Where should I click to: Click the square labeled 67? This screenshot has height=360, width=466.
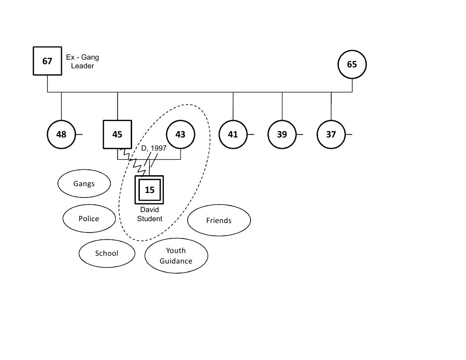[47, 61]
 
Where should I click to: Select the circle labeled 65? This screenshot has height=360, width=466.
[352, 64]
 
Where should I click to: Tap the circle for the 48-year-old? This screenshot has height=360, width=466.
[61, 134]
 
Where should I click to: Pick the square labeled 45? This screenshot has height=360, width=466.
[118, 134]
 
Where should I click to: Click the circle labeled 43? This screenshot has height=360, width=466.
[180, 134]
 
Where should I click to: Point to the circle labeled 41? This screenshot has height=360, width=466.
[233, 134]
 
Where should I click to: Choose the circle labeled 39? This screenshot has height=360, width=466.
[282, 134]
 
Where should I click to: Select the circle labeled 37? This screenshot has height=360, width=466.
[331, 134]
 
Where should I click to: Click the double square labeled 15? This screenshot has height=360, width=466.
[149, 190]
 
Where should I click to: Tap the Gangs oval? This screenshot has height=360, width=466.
[84, 184]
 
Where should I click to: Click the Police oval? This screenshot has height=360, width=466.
[89, 218]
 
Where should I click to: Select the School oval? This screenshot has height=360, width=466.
[107, 254]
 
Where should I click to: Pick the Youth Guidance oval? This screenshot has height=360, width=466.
[176, 256]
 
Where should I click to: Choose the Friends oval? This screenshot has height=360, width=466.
[219, 221]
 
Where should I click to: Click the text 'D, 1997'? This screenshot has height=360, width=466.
[154, 148]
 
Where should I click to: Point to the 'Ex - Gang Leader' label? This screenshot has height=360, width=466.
[82, 61]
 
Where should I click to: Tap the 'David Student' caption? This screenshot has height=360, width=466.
[149, 215]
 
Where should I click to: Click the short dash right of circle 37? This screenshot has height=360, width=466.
[349, 134]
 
